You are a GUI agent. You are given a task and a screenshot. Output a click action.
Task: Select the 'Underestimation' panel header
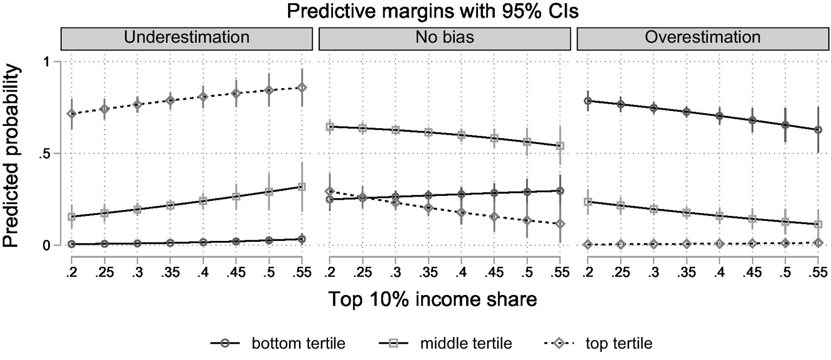coord(187,37)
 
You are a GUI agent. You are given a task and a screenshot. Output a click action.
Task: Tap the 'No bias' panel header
coord(445,37)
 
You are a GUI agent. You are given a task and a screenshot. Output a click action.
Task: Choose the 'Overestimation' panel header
coord(703,37)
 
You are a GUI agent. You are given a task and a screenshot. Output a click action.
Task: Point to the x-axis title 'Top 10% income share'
coord(415,299)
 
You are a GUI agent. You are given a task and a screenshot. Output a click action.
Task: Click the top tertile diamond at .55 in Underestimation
coord(302,88)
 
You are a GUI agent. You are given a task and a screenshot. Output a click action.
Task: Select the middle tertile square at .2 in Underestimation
coord(71,217)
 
